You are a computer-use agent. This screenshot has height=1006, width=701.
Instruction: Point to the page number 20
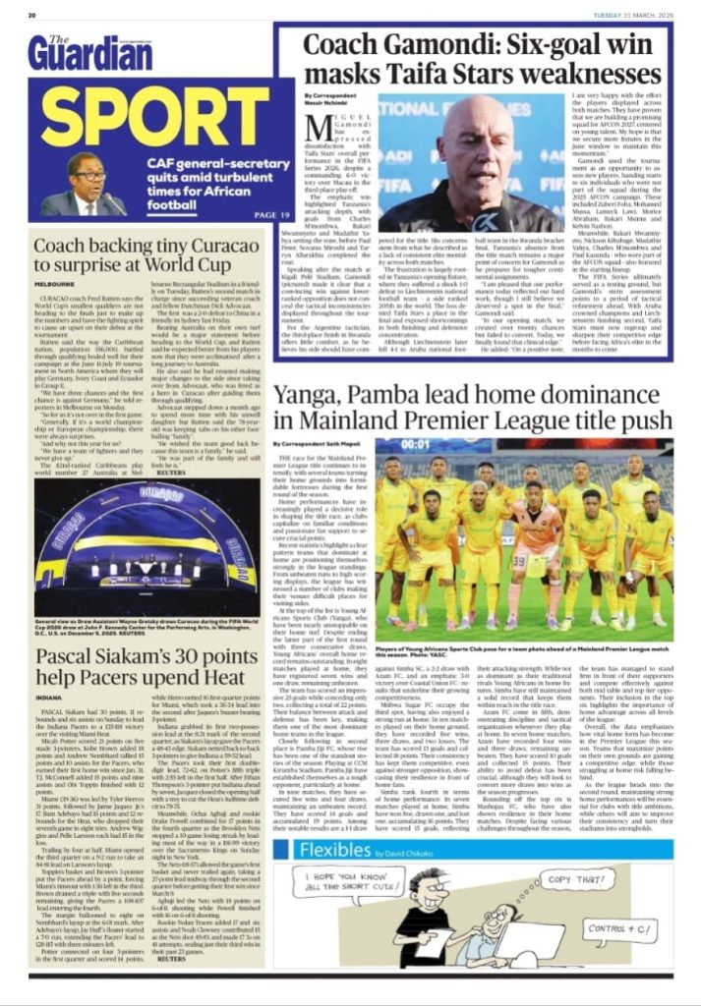pyautogui.click(x=31, y=15)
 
